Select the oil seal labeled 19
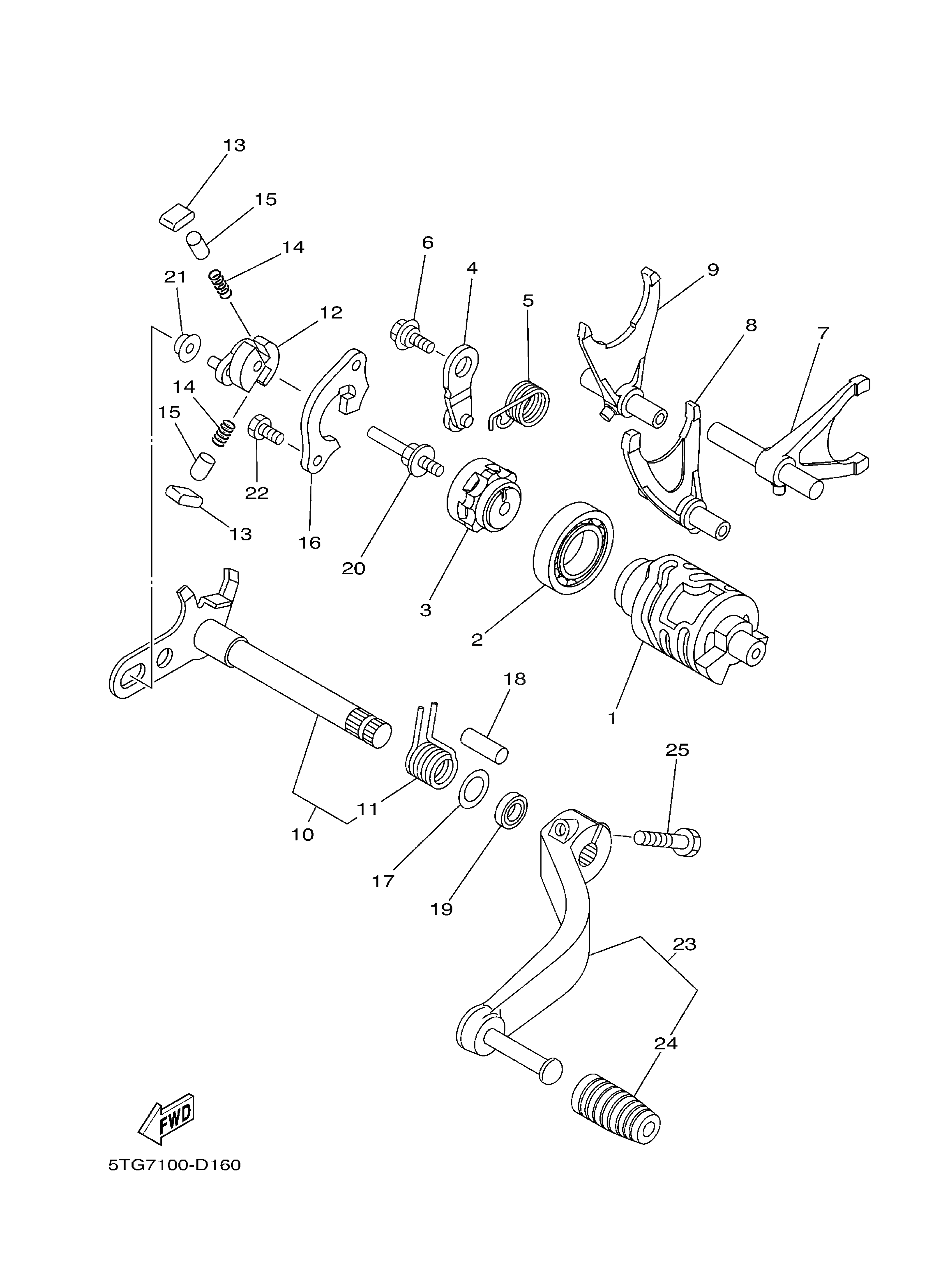pyautogui.click(x=512, y=809)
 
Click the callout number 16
pyautogui.click(x=309, y=543)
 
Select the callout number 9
pyautogui.click(x=713, y=270)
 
